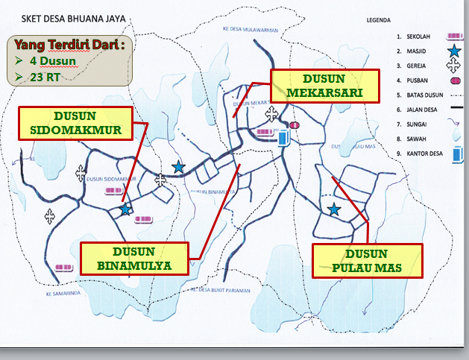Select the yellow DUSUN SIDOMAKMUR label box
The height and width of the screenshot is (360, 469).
(75, 123)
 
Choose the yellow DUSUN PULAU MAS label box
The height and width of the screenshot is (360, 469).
(367, 260)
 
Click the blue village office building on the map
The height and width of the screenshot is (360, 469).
(283, 138)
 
